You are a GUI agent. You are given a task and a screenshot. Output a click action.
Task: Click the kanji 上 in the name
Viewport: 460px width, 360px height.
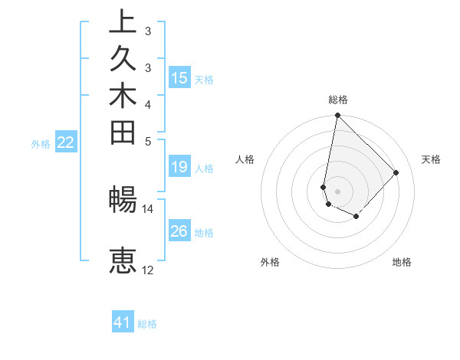coord(123,24)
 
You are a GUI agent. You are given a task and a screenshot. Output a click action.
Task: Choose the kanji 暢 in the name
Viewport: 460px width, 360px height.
coord(123,199)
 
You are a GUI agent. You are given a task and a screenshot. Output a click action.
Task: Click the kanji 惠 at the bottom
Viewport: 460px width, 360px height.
coord(123,260)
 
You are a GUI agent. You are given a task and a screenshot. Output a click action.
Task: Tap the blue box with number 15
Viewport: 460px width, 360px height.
coord(179,77)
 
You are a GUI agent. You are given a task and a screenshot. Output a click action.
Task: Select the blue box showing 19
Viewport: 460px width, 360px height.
coord(179,168)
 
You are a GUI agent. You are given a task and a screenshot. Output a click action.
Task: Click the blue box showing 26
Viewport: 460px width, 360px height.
coord(179,231)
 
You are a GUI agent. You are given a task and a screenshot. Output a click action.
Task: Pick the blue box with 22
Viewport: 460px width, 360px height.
coord(66,142)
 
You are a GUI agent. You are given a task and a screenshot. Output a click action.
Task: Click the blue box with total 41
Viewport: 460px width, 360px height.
coord(123,322)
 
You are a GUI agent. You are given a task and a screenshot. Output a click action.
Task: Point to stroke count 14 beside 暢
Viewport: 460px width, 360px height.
coord(147,208)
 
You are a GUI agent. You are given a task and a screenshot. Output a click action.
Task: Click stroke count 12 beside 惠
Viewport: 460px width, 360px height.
coord(147,270)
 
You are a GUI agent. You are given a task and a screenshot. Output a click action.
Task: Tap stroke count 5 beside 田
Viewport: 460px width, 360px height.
coord(147,141)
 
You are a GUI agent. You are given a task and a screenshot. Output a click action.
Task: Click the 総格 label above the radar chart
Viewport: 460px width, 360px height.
coord(337,100)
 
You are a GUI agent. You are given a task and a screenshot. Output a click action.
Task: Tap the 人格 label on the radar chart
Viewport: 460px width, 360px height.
coord(245,159)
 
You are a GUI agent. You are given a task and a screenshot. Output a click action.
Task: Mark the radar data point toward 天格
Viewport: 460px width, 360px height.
coord(396,172)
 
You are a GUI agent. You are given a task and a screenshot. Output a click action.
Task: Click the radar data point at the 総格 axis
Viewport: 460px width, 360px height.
coord(337,116)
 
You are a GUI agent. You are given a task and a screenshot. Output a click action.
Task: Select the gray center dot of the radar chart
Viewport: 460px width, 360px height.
coord(337,191)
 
